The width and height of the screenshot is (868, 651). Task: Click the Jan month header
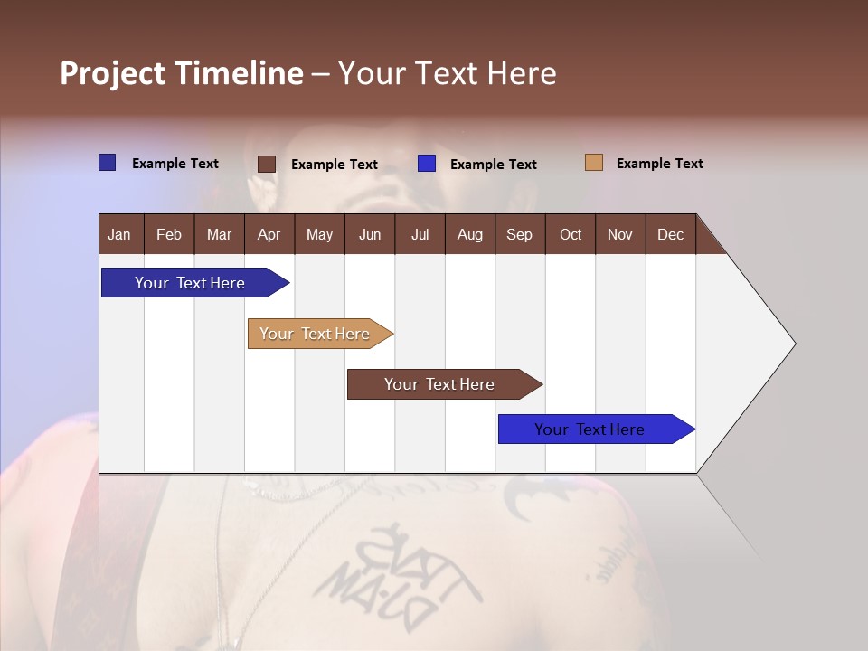point(119,234)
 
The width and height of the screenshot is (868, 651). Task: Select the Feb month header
point(169,234)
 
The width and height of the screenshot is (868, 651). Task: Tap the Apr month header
point(269,234)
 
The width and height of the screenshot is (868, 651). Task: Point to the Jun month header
point(370,234)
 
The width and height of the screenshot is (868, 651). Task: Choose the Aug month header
point(469,234)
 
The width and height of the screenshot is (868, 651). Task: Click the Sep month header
point(519,234)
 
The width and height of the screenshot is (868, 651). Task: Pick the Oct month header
point(571,234)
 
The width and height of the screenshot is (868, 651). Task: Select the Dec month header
point(670,234)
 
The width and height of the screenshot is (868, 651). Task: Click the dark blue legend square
point(108,163)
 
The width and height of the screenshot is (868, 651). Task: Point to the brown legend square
point(267,164)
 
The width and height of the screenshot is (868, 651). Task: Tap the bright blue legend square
point(427,164)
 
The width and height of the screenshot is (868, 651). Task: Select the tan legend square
point(593,163)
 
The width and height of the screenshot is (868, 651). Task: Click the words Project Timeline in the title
point(181,73)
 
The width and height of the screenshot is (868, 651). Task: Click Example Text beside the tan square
point(659,164)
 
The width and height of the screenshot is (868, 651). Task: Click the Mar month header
point(219,234)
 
